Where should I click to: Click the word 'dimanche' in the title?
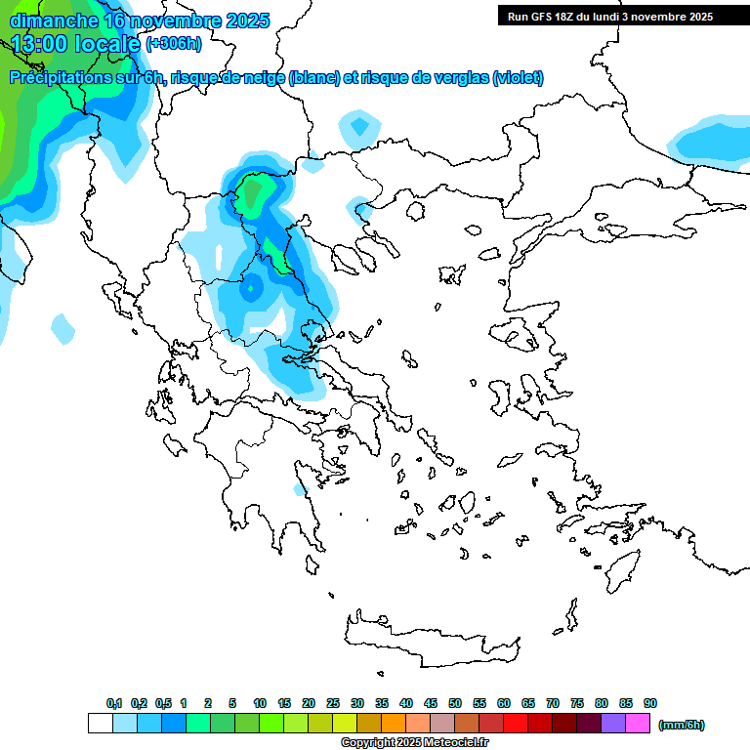click(53, 21)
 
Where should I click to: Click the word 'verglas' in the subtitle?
click(452, 78)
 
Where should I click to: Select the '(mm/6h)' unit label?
click(682, 725)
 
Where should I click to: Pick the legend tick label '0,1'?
click(114, 704)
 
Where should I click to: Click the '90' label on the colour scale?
click(650, 704)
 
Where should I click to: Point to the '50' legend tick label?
click(455, 704)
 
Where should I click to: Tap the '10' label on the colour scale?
click(260, 704)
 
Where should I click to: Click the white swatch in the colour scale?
click(100, 724)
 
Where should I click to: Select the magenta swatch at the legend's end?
click(638, 724)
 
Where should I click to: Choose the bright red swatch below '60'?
click(516, 724)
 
